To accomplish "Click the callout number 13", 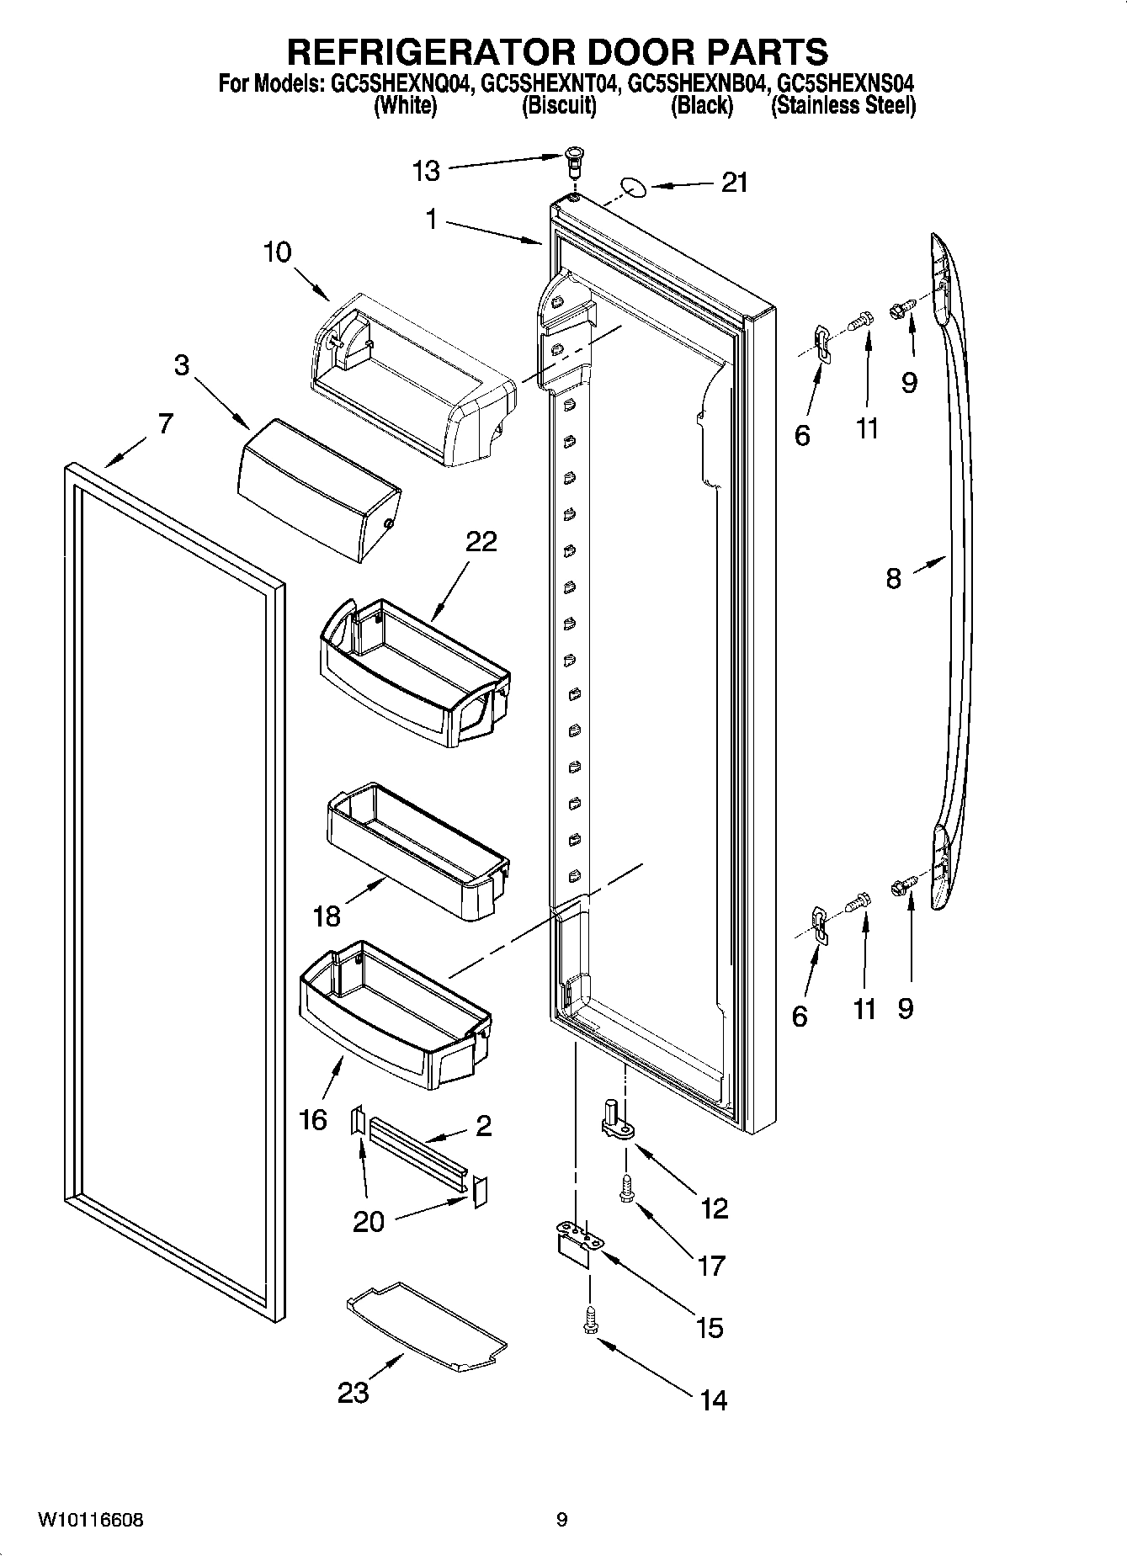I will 426,172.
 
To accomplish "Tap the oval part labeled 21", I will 633,185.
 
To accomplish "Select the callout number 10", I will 277,252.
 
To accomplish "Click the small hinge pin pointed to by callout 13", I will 574,160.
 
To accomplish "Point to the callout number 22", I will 481,541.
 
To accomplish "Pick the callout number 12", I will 714,1209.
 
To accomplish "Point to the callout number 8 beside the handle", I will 893,578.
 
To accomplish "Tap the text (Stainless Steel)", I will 843,106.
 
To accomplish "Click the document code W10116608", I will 90,1520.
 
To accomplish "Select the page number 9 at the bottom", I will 561,1520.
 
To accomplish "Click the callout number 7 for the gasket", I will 165,423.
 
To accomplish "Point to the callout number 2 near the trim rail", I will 483,1126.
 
